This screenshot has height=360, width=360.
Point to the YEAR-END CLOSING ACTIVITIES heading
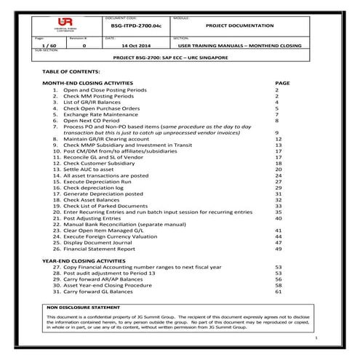[x=87, y=260]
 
